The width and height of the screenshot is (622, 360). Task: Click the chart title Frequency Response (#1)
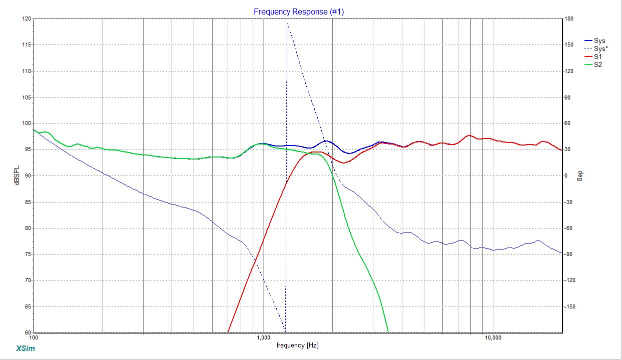(x=299, y=11)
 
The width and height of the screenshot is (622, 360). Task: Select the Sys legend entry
(x=599, y=40)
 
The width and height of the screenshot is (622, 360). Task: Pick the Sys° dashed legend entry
(x=600, y=48)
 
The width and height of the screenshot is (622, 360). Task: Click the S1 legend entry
(x=597, y=56)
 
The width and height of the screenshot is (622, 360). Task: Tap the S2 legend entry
(x=597, y=64)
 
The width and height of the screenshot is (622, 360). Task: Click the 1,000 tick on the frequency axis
(x=264, y=338)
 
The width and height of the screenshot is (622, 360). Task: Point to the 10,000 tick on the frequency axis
(x=493, y=338)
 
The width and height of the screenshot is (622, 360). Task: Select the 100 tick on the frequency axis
(x=34, y=338)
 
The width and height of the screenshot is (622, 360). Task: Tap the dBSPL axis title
(x=18, y=175)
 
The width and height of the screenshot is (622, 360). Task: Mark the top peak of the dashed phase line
(x=287, y=23)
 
